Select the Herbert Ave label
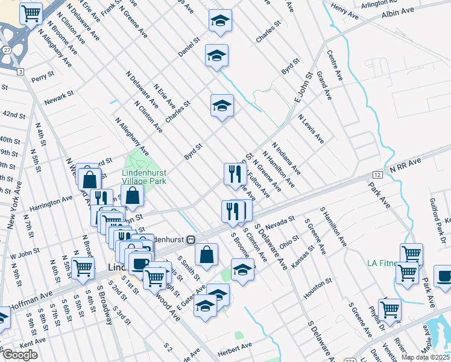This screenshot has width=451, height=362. pyautogui.click(x=235, y=346)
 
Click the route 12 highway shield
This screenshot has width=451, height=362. pyautogui.click(x=377, y=174)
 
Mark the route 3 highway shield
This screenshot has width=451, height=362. pyautogui.click(x=20, y=72)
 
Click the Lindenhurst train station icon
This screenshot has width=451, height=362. pyautogui.click(x=191, y=240)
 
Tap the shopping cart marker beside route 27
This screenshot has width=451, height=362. pyautogui.click(x=31, y=13)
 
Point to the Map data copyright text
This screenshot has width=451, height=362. pyautogui.click(x=425, y=357)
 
